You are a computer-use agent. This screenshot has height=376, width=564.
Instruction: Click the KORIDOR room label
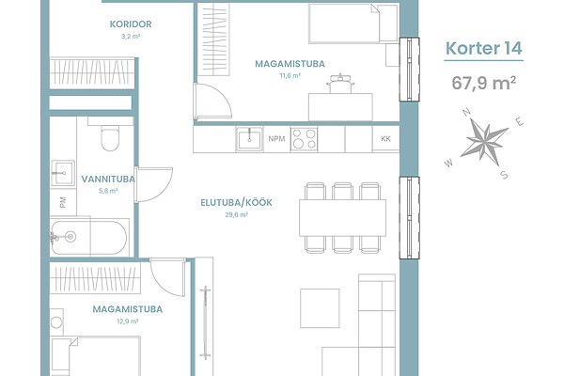click(x=131, y=24)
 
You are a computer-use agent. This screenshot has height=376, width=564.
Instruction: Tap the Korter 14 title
click(x=484, y=48)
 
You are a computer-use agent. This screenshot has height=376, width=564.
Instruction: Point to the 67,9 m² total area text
click(x=484, y=83)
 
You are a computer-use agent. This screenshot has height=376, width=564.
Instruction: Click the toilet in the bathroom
click(x=110, y=138)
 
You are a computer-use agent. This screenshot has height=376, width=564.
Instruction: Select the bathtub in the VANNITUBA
click(x=88, y=237)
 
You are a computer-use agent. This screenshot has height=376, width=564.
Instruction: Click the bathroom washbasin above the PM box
click(x=63, y=173)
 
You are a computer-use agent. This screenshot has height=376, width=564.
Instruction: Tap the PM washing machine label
click(x=63, y=202)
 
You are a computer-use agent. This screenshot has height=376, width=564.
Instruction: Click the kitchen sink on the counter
click(x=249, y=139)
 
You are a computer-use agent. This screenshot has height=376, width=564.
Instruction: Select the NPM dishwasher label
click(x=276, y=139)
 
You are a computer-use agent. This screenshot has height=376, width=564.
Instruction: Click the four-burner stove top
click(x=304, y=139)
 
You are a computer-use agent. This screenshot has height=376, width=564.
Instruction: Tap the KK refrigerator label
click(x=385, y=139)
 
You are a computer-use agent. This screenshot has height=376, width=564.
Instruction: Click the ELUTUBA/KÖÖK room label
click(x=236, y=203)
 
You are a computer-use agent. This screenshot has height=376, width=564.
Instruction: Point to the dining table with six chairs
click(x=342, y=218)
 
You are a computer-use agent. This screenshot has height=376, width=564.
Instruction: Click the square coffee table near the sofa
click(x=320, y=308)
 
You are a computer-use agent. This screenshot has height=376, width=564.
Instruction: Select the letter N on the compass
click(x=467, y=112)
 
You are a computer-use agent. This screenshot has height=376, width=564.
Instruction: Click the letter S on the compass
click(x=504, y=175)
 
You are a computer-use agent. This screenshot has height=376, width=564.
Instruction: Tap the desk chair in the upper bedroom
click(x=340, y=84)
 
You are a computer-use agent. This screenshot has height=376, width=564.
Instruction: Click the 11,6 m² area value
click(x=290, y=76)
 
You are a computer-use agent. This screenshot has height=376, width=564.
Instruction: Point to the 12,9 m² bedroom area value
click(x=128, y=321)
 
